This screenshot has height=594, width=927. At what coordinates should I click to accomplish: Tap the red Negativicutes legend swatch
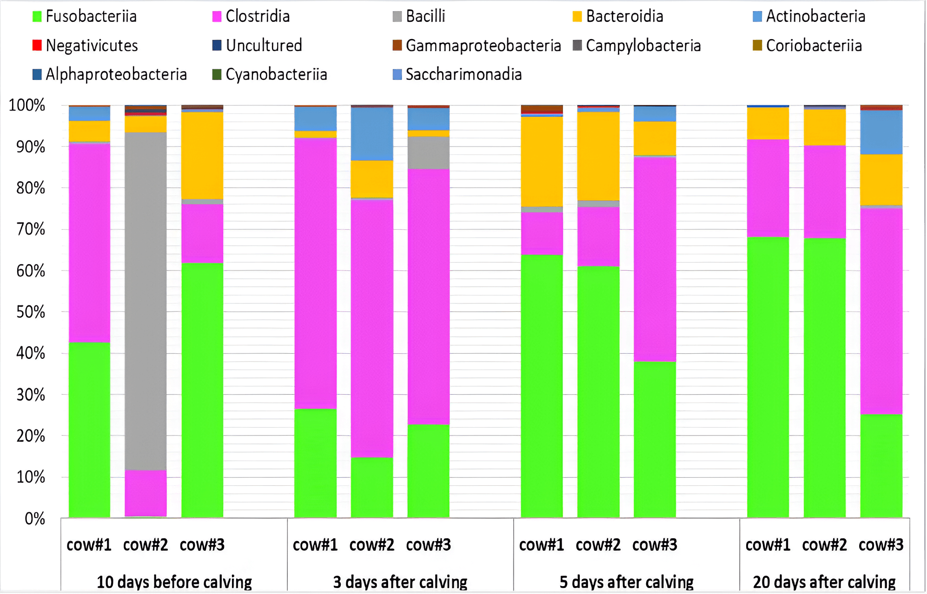click(37, 46)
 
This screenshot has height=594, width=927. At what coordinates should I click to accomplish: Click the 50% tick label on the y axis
click(31, 312)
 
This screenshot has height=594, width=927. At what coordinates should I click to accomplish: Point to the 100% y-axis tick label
click(27, 106)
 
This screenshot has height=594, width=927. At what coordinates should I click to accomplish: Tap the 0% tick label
click(35, 518)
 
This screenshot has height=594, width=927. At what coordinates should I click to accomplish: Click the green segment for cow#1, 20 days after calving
click(768, 376)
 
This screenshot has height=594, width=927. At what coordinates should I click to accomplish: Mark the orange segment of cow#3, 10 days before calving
click(202, 155)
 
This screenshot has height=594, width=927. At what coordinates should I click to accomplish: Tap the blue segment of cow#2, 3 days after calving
click(372, 134)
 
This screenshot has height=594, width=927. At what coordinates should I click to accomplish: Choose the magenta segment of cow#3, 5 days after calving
click(655, 259)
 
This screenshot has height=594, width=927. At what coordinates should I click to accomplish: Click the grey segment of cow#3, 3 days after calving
click(429, 153)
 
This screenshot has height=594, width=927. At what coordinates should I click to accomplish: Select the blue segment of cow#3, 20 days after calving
click(881, 132)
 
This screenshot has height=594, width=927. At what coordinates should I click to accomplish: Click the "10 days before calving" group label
click(174, 582)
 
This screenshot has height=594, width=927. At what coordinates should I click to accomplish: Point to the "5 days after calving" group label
click(627, 582)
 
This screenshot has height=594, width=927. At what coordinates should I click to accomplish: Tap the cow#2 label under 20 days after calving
click(824, 545)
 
